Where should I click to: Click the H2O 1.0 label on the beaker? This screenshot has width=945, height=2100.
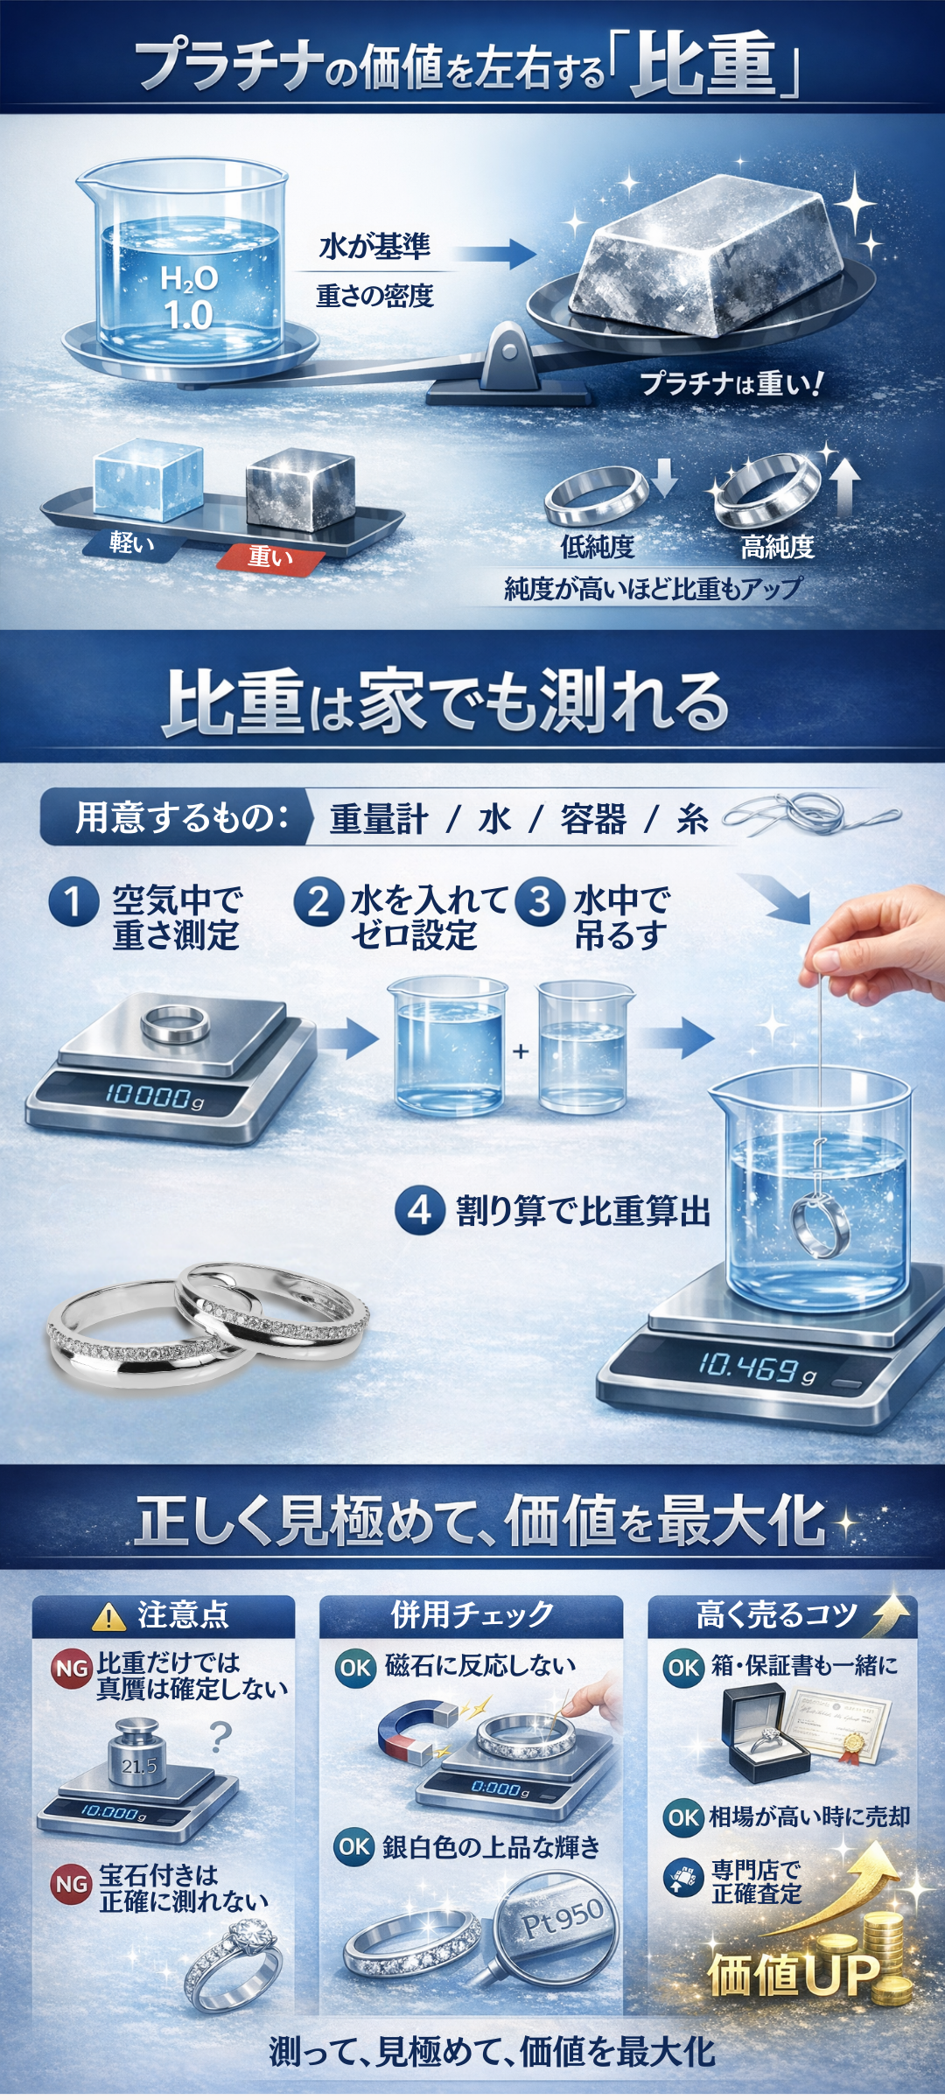click(x=189, y=297)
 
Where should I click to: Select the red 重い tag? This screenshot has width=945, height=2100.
click(x=270, y=556)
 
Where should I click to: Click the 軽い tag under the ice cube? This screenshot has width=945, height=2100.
click(x=132, y=543)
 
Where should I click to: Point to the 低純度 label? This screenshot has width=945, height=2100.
click(x=597, y=547)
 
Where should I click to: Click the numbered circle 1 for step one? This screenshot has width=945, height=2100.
click(x=73, y=902)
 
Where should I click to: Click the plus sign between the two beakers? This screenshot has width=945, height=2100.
click(x=521, y=1051)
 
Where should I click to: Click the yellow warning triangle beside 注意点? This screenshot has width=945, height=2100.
click(x=108, y=1617)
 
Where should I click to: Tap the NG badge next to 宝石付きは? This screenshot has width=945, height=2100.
click(x=72, y=1884)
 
